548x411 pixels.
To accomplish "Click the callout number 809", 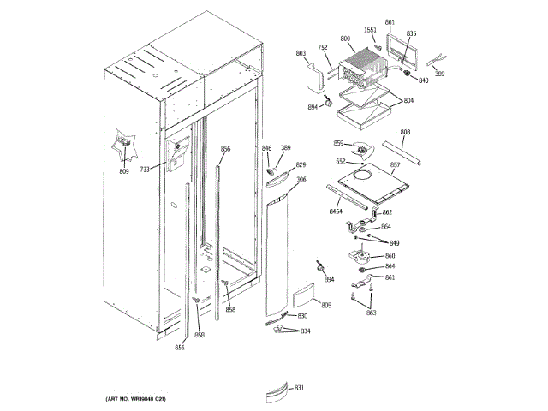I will coord(124,173).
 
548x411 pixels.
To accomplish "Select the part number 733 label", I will coord(145,170).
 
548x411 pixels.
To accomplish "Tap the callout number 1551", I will coord(370,30).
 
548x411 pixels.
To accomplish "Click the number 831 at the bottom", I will coord(299,389).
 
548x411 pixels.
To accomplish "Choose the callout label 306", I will coord(301,180).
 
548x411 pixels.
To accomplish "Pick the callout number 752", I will coord(323,48).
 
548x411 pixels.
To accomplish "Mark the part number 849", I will coord(394,243).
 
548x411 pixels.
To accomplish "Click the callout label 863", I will coord(371,313).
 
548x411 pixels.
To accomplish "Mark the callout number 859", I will coord(338,143).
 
